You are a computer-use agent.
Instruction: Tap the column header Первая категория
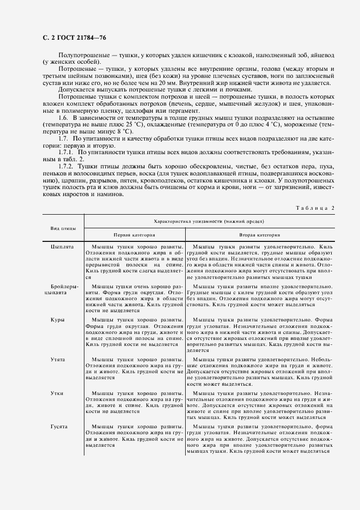coord(134,235)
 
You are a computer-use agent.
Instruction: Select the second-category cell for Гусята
coord(260,439)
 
